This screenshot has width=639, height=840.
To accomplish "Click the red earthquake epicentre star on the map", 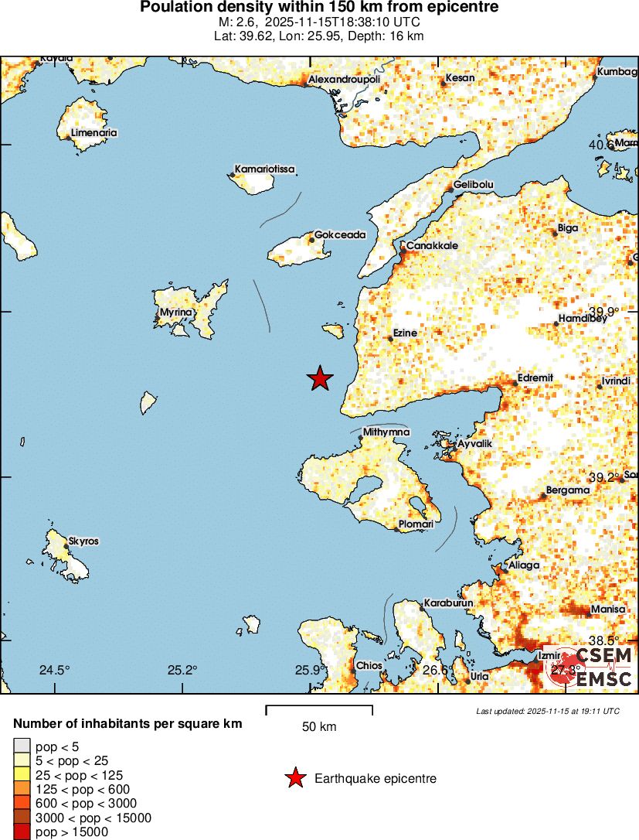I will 320,378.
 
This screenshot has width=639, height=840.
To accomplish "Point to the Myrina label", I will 175,312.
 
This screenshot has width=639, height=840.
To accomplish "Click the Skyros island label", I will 83,541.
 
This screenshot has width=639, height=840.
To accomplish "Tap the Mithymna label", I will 386,432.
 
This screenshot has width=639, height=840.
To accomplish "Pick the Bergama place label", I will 568,490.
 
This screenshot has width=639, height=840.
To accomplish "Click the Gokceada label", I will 340,235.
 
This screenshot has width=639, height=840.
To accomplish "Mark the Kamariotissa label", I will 264,169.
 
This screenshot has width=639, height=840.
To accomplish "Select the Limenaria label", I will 93,132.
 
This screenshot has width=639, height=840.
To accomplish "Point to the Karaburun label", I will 448,603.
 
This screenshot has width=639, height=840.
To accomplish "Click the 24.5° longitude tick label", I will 54,670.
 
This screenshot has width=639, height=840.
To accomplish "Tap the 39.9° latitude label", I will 603,312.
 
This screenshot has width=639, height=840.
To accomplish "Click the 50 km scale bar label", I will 319,726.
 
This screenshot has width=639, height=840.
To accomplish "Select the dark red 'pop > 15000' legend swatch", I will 22,832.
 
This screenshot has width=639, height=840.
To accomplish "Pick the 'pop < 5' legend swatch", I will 22,746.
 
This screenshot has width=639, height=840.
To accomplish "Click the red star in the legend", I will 295,778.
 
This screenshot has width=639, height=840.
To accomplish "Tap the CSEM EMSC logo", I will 591,667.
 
